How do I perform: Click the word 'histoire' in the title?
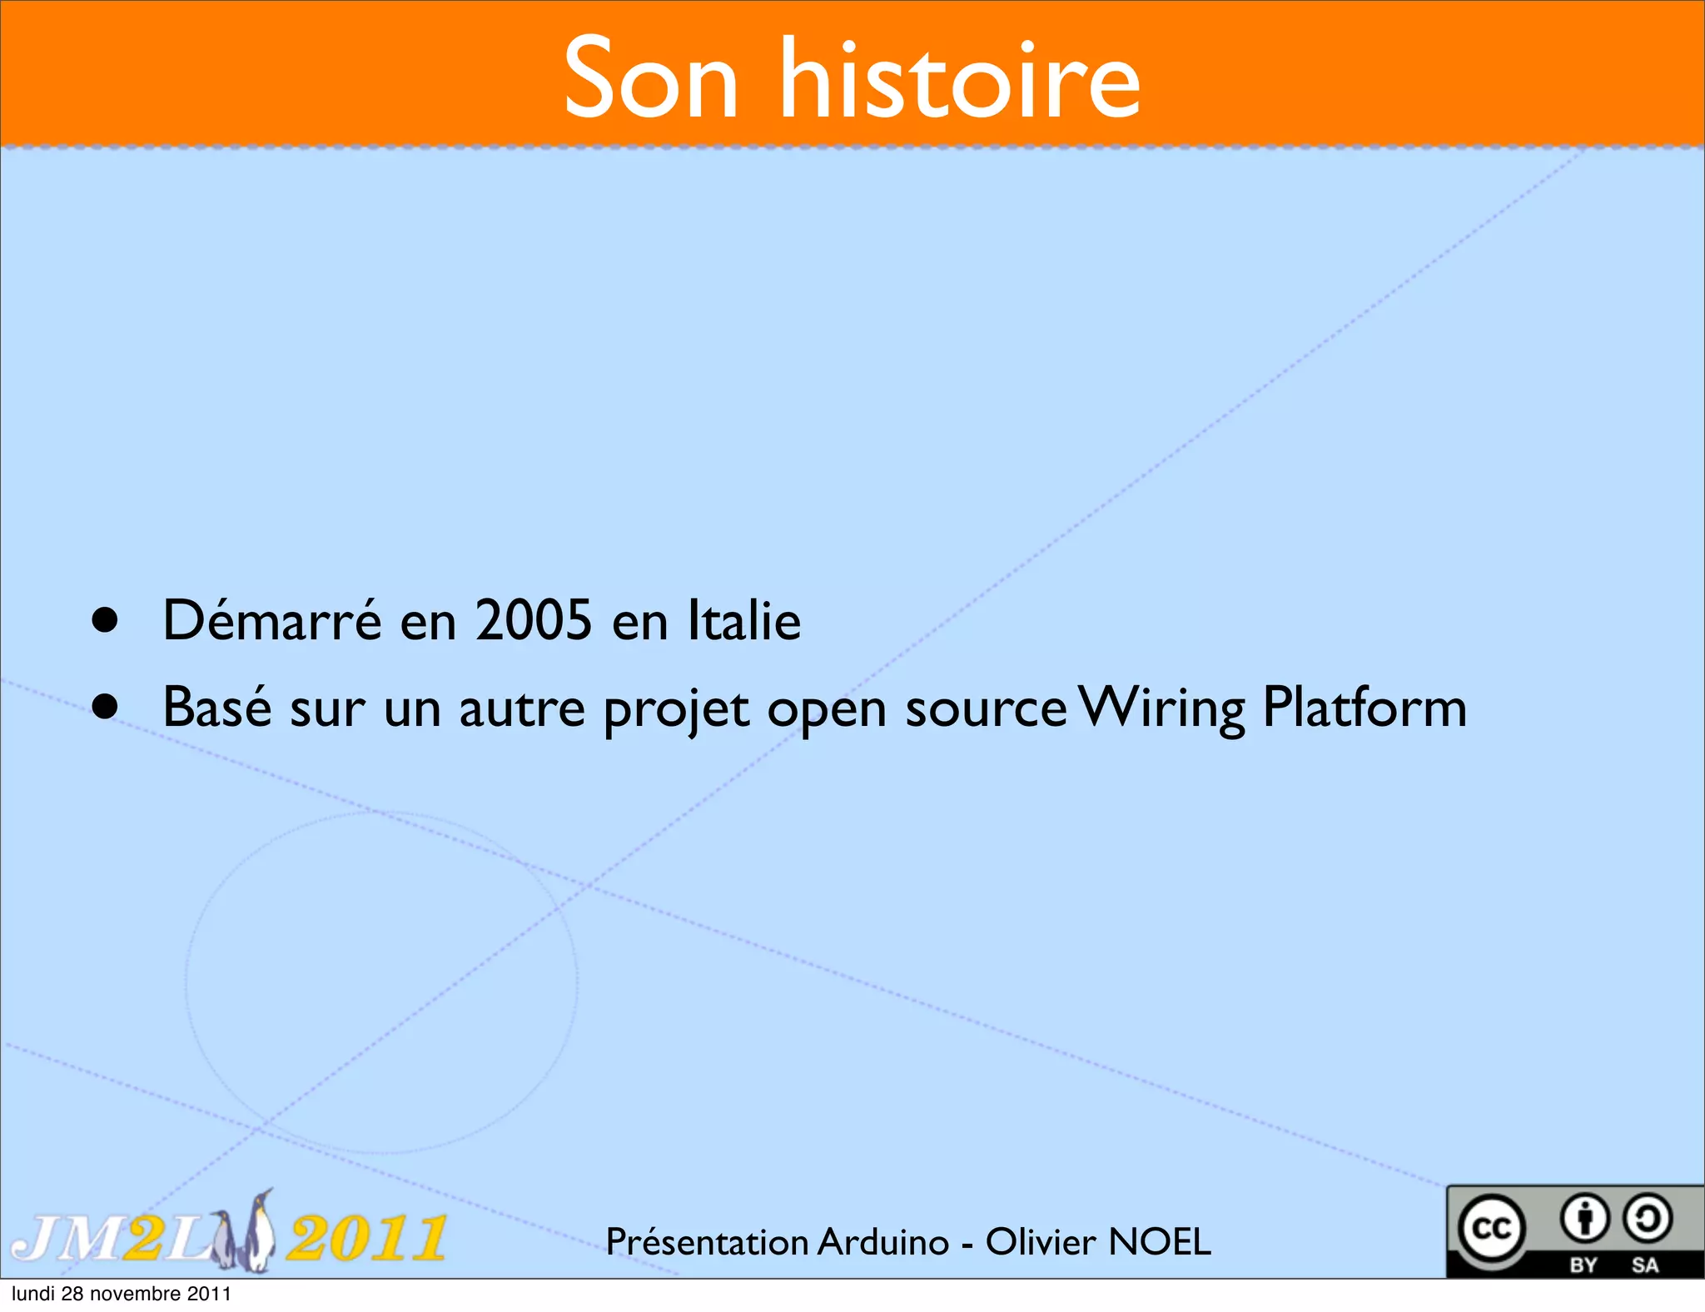(x=959, y=80)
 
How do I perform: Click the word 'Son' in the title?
(x=651, y=80)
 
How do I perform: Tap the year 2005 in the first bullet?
(x=534, y=620)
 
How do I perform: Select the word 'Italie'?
(x=744, y=620)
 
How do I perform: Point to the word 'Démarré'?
(x=272, y=620)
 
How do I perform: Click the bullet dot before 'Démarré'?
(x=105, y=620)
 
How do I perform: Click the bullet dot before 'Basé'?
(x=105, y=707)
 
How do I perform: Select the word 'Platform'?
(x=1364, y=707)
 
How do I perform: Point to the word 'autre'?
(x=522, y=708)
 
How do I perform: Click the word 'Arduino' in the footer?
(x=883, y=1241)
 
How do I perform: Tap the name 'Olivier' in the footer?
(x=1041, y=1241)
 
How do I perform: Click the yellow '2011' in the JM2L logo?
(x=366, y=1238)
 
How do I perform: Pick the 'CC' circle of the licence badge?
(x=1492, y=1229)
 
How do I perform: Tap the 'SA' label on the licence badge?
(x=1645, y=1265)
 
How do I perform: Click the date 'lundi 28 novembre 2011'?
(x=122, y=1294)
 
